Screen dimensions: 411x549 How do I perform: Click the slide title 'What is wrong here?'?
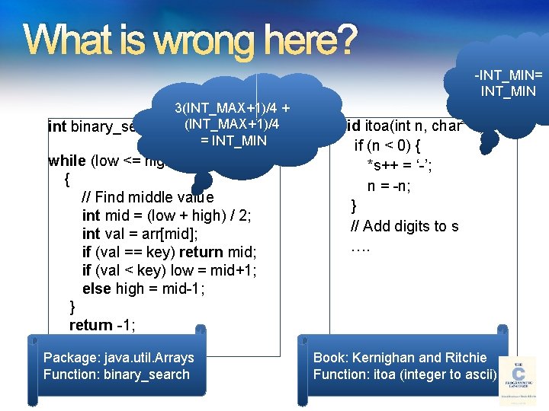(x=191, y=40)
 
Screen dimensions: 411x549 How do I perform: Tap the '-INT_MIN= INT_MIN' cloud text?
(x=508, y=84)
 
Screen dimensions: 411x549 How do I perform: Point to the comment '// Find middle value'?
(x=147, y=196)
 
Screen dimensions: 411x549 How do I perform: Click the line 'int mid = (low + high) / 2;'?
(x=166, y=215)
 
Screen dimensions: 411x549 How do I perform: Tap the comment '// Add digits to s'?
(x=404, y=226)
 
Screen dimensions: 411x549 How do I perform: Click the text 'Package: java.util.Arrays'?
(x=119, y=357)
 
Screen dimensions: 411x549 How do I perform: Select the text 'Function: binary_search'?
(x=116, y=374)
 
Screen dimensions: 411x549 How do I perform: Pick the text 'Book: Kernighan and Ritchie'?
(x=400, y=357)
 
